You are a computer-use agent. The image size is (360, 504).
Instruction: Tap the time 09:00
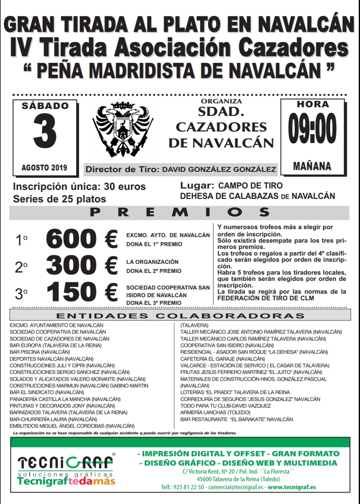(312, 128)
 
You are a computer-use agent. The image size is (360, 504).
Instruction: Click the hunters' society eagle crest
(122, 129)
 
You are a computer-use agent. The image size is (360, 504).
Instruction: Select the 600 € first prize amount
(82, 240)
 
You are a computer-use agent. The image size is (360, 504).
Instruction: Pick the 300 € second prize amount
(82, 266)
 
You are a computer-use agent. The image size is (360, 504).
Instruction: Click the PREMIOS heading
(179, 212)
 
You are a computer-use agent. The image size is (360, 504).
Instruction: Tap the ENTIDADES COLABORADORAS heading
(180, 316)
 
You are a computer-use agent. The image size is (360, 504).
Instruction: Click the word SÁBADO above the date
(45, 106)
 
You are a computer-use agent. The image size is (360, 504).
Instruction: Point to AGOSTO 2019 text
(44, 168)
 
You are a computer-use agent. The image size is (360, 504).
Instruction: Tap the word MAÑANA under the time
(312, 166)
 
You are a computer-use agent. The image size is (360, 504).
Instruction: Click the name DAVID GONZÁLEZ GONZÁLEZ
(219, 170)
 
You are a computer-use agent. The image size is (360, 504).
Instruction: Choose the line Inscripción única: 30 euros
(79, 187)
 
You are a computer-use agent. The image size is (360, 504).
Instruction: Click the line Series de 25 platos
(59, 199)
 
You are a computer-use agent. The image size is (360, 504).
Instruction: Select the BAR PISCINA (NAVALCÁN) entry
(40, 352)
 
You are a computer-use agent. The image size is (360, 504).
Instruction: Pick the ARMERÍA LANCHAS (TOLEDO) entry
(215, 412)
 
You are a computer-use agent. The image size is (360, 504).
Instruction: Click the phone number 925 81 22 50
(191, 487)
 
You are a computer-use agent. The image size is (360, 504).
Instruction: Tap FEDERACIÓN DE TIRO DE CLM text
(266, 298)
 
